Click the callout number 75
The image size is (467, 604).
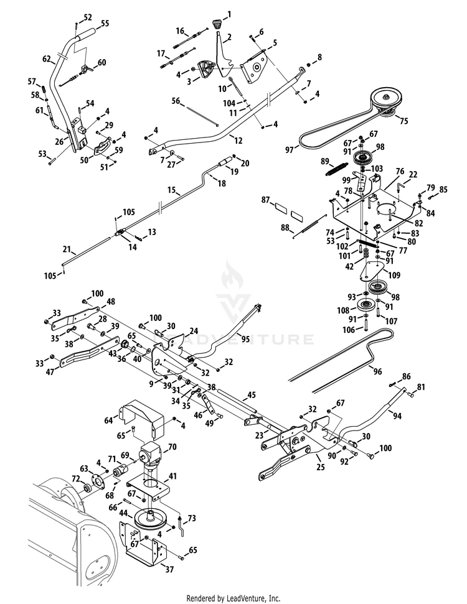(403, 121)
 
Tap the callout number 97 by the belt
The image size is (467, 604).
(290, 150)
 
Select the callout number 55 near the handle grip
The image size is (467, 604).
(105, 24)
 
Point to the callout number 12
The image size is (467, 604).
(238, 141)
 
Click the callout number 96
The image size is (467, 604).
(377, 371)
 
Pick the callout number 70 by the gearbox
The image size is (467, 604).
(172, 447)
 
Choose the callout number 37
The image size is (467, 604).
(169, 569)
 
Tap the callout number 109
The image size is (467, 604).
(394, 275)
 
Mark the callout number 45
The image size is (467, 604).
(252, 396)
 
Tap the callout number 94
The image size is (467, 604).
(397, 416)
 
